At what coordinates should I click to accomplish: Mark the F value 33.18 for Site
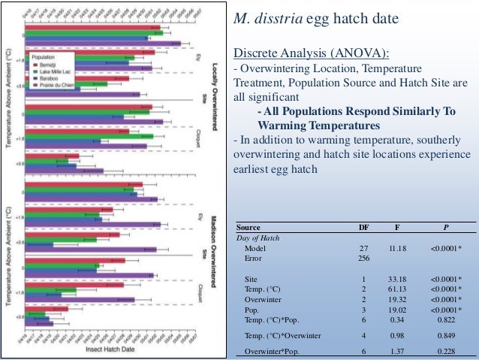click(x=397, y=278)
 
